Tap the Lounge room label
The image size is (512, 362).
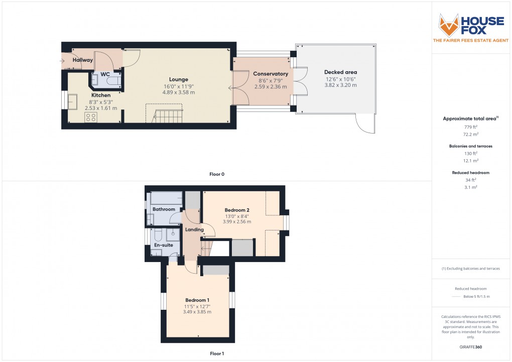[178, 79]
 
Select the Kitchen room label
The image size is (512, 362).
[100, 95]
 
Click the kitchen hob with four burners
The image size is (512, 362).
[91, 117]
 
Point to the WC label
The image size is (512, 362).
[105, 74]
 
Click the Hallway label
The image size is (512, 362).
[83, 60]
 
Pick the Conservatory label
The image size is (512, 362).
[271, 74]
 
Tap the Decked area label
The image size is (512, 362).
[340, 72]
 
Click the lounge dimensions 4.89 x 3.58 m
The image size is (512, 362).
[178, 92]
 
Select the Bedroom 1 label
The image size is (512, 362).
[197, 300]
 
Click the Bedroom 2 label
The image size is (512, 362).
[237, 210]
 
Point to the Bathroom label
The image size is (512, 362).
[164, 209]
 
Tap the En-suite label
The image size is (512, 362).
[163, 245]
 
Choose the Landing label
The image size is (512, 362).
[194, 230]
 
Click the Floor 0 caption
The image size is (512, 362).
[217, 174]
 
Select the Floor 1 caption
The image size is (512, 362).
[217, 353]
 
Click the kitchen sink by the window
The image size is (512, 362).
[72, 101]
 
